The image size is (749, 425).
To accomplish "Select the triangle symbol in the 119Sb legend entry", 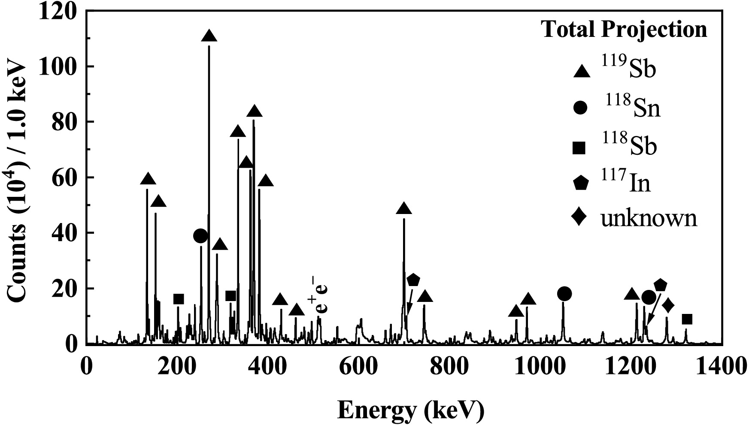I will point(582,71).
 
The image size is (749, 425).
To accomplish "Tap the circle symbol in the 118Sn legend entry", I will point(580,108).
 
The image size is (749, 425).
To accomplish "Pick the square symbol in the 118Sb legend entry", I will point(579,148).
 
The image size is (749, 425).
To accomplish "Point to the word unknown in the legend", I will point(649,218).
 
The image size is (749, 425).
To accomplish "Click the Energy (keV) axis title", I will point(411,411).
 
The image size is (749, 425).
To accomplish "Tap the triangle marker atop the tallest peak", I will point(209,36).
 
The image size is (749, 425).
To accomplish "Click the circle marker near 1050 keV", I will point(564,294).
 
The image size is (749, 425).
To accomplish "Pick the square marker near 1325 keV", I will point(687,319).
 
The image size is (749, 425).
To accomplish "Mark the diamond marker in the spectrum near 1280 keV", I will point(668,306).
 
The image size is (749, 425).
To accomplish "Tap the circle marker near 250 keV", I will point(200,235).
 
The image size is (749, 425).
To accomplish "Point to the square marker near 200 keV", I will point(179,299).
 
